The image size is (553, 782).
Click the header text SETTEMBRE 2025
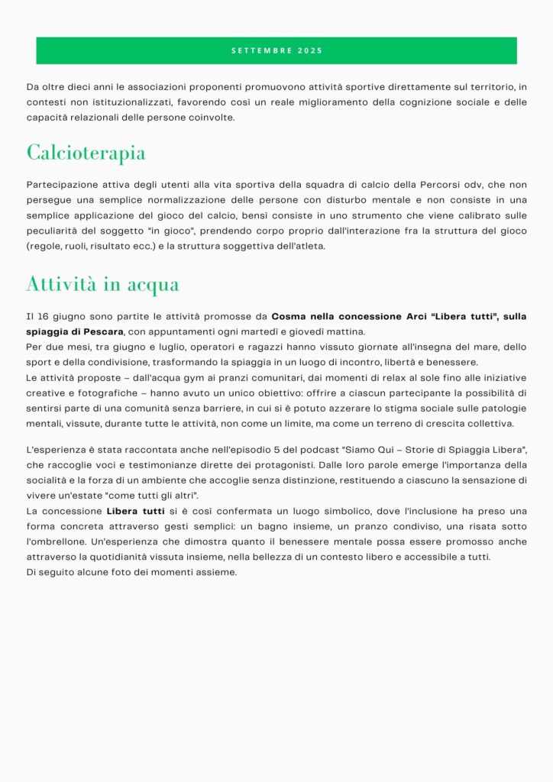276,51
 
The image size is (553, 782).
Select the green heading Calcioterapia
86,152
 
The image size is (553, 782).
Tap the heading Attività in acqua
102,284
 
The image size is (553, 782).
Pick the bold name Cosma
287,316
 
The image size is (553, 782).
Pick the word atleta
309,246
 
